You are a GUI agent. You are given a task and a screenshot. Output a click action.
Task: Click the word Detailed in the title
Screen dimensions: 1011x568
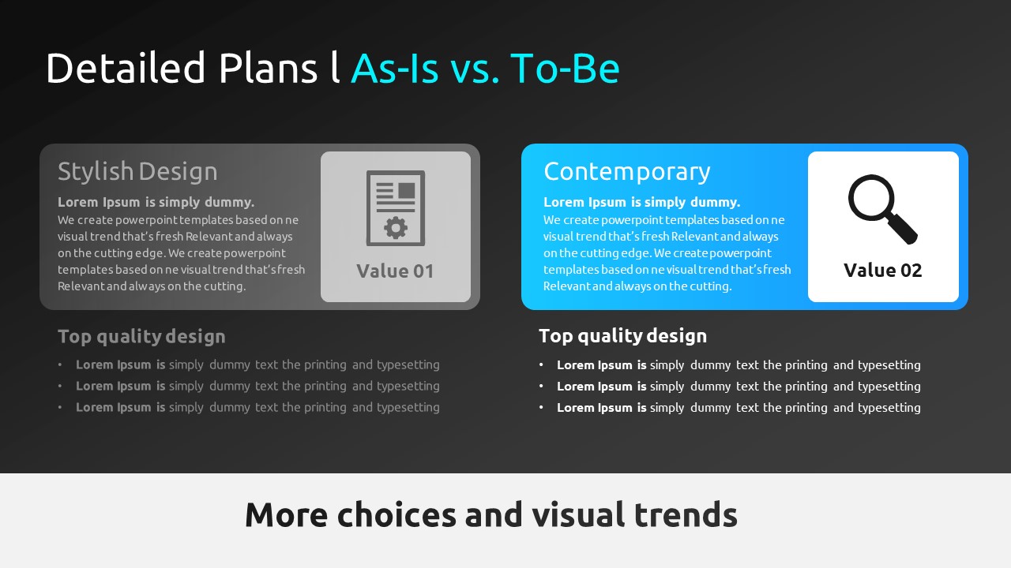coord(126,68)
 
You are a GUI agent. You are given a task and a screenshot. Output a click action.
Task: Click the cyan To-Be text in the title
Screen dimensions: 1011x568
coord(565,68)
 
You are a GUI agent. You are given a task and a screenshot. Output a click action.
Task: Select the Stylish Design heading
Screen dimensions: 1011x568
coord(137,172)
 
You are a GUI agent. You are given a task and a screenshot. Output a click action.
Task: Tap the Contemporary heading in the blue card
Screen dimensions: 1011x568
coord(627,172)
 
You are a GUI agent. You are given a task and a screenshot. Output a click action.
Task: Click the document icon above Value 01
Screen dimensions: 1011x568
coord(396,207)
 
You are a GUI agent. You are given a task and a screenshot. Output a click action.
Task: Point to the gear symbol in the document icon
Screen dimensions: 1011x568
coord(396,228)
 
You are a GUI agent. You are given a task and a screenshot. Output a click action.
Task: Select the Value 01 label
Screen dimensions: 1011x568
coord(395,271)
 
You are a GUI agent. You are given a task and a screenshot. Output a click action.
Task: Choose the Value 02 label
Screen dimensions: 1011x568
coord(883,271)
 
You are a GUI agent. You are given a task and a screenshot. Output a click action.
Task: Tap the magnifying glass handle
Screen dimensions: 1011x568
coord(903,229)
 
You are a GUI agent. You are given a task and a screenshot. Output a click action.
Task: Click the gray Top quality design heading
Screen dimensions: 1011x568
coord(141,337)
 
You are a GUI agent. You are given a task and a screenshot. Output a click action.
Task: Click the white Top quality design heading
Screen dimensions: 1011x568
coord(623,336)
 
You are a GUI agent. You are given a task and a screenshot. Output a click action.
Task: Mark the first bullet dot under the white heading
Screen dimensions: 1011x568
coord(541,364)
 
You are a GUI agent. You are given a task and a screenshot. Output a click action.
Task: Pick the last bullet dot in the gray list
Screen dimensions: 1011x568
coord(60,407)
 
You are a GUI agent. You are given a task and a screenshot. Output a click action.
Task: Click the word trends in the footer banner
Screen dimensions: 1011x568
coord(686,515)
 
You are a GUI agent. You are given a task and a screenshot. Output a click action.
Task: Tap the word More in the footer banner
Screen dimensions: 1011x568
coord(287,515)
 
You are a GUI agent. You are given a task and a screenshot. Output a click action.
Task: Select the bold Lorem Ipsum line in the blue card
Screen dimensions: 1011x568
coord(642,203)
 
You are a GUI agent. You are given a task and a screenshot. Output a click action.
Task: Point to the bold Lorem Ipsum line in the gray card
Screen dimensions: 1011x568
coord(156,203)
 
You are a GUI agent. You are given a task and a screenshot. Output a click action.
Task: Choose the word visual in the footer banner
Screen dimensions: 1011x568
coord(578,515)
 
